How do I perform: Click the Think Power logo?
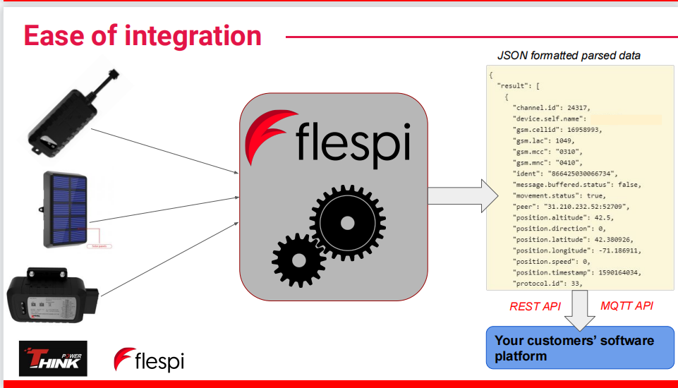53,358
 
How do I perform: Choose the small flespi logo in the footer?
149,360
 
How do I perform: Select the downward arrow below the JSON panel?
580,310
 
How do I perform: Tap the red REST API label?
534,306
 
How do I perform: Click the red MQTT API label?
626,306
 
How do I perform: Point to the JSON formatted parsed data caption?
569,55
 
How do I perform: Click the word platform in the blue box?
521,356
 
